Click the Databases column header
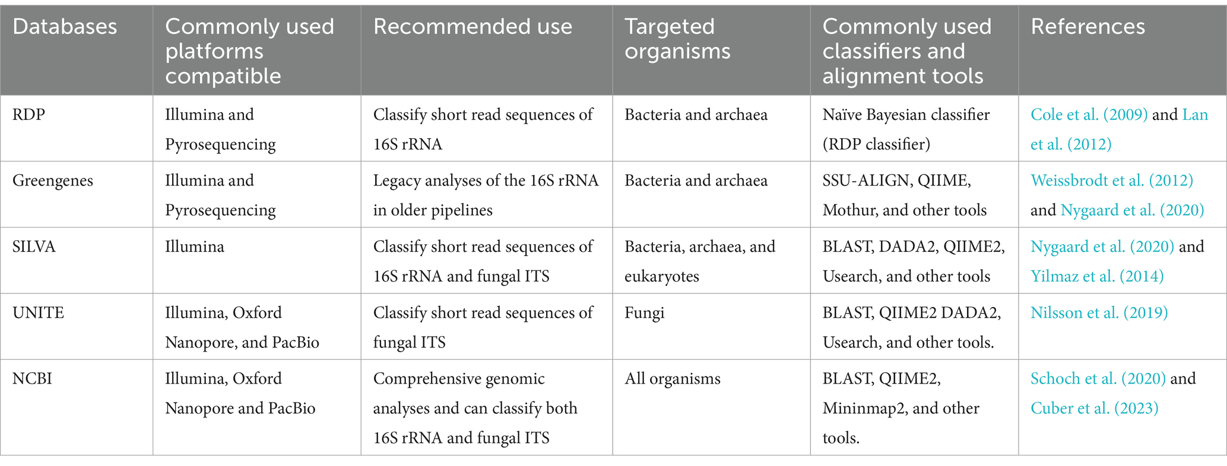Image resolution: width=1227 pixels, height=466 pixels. point(65,27)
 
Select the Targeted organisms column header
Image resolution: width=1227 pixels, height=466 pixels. point(677,39)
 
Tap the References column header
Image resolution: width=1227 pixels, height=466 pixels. point(1088,27)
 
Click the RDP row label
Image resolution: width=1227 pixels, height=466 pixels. point(28,114)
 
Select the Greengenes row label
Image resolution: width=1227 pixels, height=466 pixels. point(53,181)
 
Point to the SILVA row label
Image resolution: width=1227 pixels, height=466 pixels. point(34,247)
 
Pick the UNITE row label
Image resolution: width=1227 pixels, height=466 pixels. point(38,312)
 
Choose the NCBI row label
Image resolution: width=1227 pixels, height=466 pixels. point(32,378)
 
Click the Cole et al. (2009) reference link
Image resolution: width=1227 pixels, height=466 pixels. point(1089,114)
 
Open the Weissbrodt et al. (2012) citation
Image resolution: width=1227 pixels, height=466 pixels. point(1112,180)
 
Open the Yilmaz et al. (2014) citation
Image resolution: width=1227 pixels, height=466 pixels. point(1097,276)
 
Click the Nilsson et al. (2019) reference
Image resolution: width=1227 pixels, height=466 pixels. point(1099,312)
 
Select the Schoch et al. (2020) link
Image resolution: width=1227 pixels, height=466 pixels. point(1098,378)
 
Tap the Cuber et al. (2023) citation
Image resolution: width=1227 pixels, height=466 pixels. point(1094,408)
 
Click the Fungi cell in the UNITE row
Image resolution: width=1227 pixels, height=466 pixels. point(644,313)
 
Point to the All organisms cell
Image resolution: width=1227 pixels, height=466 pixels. point(672,379)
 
